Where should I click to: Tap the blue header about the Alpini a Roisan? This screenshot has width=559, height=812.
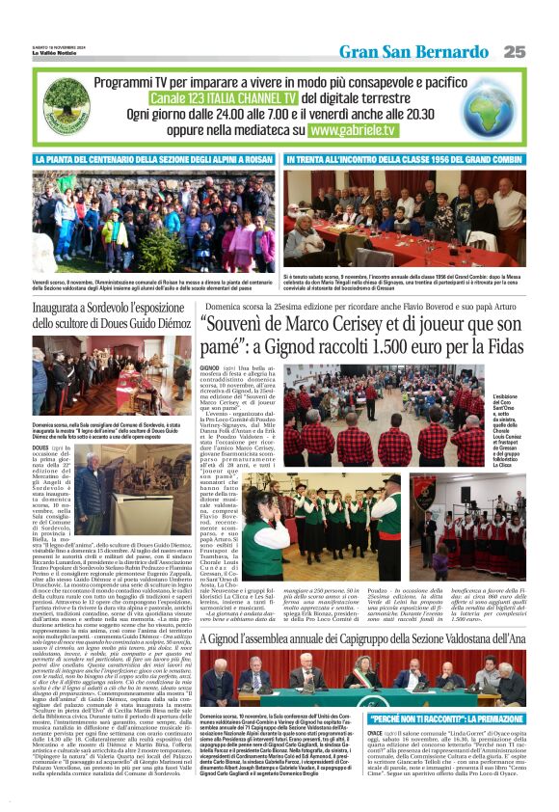(154, 160)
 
